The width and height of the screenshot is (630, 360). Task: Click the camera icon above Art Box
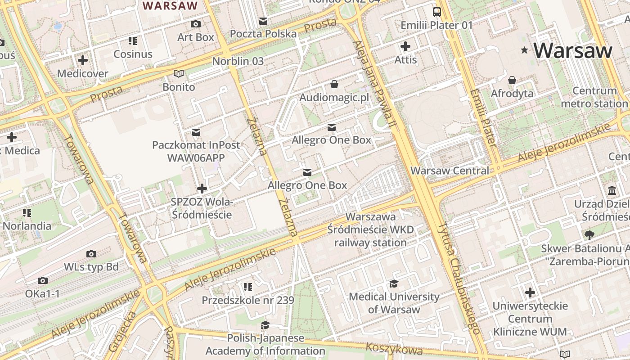pos(196,24)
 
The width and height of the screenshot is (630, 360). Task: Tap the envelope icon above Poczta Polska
pos(263,21)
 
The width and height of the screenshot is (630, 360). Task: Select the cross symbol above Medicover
pos(83,60)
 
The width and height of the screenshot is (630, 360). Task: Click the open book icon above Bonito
pos(179,73)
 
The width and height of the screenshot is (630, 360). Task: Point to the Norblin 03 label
pos(238,61)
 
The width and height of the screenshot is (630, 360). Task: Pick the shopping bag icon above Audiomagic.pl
pos(334,84)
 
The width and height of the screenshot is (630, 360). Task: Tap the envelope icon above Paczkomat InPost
pos(196,132)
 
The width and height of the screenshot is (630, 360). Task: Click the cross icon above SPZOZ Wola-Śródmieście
pos(202,188)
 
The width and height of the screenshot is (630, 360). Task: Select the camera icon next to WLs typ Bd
pos(91,254)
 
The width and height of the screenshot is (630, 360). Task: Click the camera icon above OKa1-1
pos(42,280)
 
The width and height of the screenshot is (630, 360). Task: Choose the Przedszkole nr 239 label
pos(248,300)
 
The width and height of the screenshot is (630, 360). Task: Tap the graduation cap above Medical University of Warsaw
pos(394,283)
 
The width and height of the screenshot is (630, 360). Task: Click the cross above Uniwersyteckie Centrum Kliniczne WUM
pos(530,292)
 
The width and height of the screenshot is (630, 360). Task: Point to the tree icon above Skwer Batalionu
pos(589,234)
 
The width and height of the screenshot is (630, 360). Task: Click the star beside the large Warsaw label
pos(524,50)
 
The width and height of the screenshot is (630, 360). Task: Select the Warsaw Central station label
pos(450,171)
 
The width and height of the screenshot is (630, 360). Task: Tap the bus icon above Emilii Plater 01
pos(436,12)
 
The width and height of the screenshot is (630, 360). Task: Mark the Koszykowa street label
pos(394,349)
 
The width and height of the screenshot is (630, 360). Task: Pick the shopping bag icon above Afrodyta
pos(512,81)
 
